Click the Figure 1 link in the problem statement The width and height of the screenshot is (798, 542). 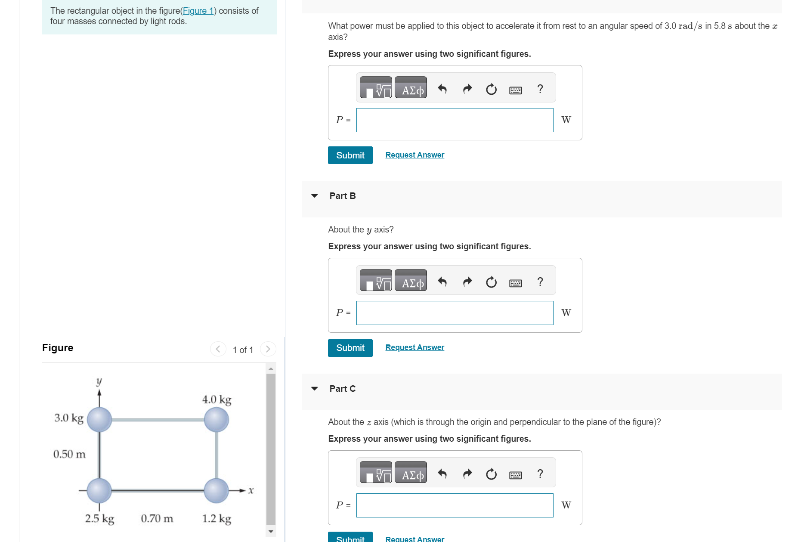198,11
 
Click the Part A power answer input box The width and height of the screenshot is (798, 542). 455,120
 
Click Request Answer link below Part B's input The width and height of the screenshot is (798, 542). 414,347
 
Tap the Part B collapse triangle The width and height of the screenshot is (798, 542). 315,196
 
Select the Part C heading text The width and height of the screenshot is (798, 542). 342,389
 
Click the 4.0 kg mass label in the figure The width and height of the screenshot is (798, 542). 217,400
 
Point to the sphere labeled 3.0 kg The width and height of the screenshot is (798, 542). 99,420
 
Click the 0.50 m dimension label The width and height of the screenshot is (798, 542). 69,454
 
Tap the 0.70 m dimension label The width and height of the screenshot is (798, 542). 157,518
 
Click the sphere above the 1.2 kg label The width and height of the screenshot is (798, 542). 216,490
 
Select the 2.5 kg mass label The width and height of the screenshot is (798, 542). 99,518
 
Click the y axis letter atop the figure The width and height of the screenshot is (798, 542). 99,381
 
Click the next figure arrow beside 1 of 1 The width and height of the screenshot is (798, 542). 268,349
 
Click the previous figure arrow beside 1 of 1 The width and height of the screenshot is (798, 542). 218,349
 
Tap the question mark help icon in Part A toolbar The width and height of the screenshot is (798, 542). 540,89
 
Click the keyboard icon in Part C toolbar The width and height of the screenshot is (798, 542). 515,475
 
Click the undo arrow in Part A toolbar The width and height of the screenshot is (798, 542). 442,89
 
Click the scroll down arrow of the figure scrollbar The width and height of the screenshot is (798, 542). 271,531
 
